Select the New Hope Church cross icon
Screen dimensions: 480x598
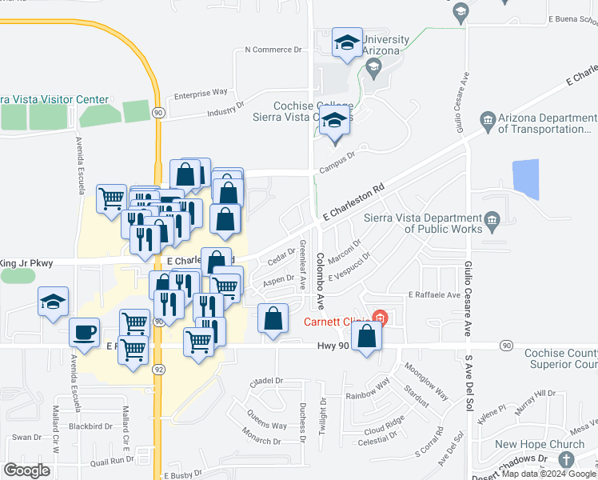click(x=567, y=460)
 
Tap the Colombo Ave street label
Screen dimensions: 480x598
click(x=319, y=281)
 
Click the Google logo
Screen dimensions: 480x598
click(x=27, y=470)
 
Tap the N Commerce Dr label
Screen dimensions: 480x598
click(x=277, y=50)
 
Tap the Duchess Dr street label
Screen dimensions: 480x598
click(x=303, y=422)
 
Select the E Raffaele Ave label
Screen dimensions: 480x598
click(x=434, y=294)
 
